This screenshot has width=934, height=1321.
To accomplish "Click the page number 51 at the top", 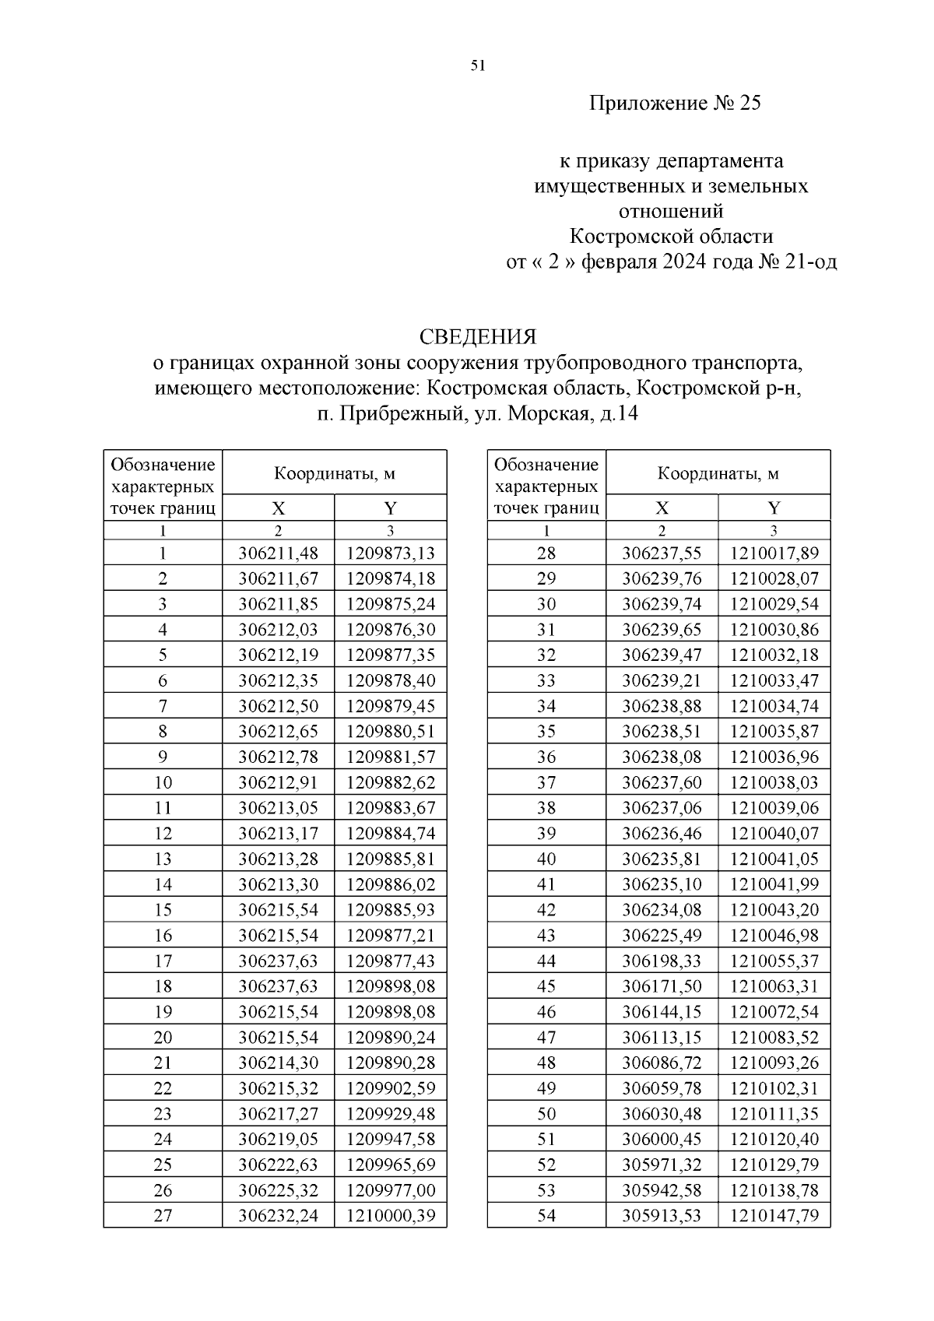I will tap(478, 66).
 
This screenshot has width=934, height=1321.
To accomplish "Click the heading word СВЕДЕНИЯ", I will tap(477, 337).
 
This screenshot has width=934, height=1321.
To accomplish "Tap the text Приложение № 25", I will tap(674, 104).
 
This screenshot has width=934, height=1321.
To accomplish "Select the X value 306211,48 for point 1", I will tap(278, 553).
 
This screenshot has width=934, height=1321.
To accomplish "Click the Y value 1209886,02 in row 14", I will tap(391, 884).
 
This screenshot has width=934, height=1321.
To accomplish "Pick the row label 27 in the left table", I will tap(163, 1215).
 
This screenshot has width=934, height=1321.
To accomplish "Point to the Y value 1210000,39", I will tap(391, 1215).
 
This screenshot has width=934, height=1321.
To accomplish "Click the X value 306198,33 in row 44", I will tap(662, 961).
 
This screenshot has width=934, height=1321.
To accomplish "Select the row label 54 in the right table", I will tap(546, 1215).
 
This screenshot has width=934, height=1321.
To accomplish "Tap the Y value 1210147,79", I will tap(774, 1215).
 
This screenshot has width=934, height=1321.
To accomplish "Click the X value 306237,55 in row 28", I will tap(662, 553).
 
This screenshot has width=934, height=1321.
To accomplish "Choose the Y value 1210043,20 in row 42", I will tap(774, 910).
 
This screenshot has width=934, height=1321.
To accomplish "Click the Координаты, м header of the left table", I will tap(334, 473).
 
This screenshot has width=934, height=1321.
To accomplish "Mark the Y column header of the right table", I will tap(774, 508).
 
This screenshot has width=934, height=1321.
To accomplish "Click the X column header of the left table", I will tap(278, 508).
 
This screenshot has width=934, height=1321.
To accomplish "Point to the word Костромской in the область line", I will tap(615, 236).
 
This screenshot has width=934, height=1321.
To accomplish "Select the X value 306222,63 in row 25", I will tap(278, 1165).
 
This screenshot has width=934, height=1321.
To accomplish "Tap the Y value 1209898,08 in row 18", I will tap(391, 986).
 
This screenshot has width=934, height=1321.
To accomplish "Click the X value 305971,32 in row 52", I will tap(662, 1165).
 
